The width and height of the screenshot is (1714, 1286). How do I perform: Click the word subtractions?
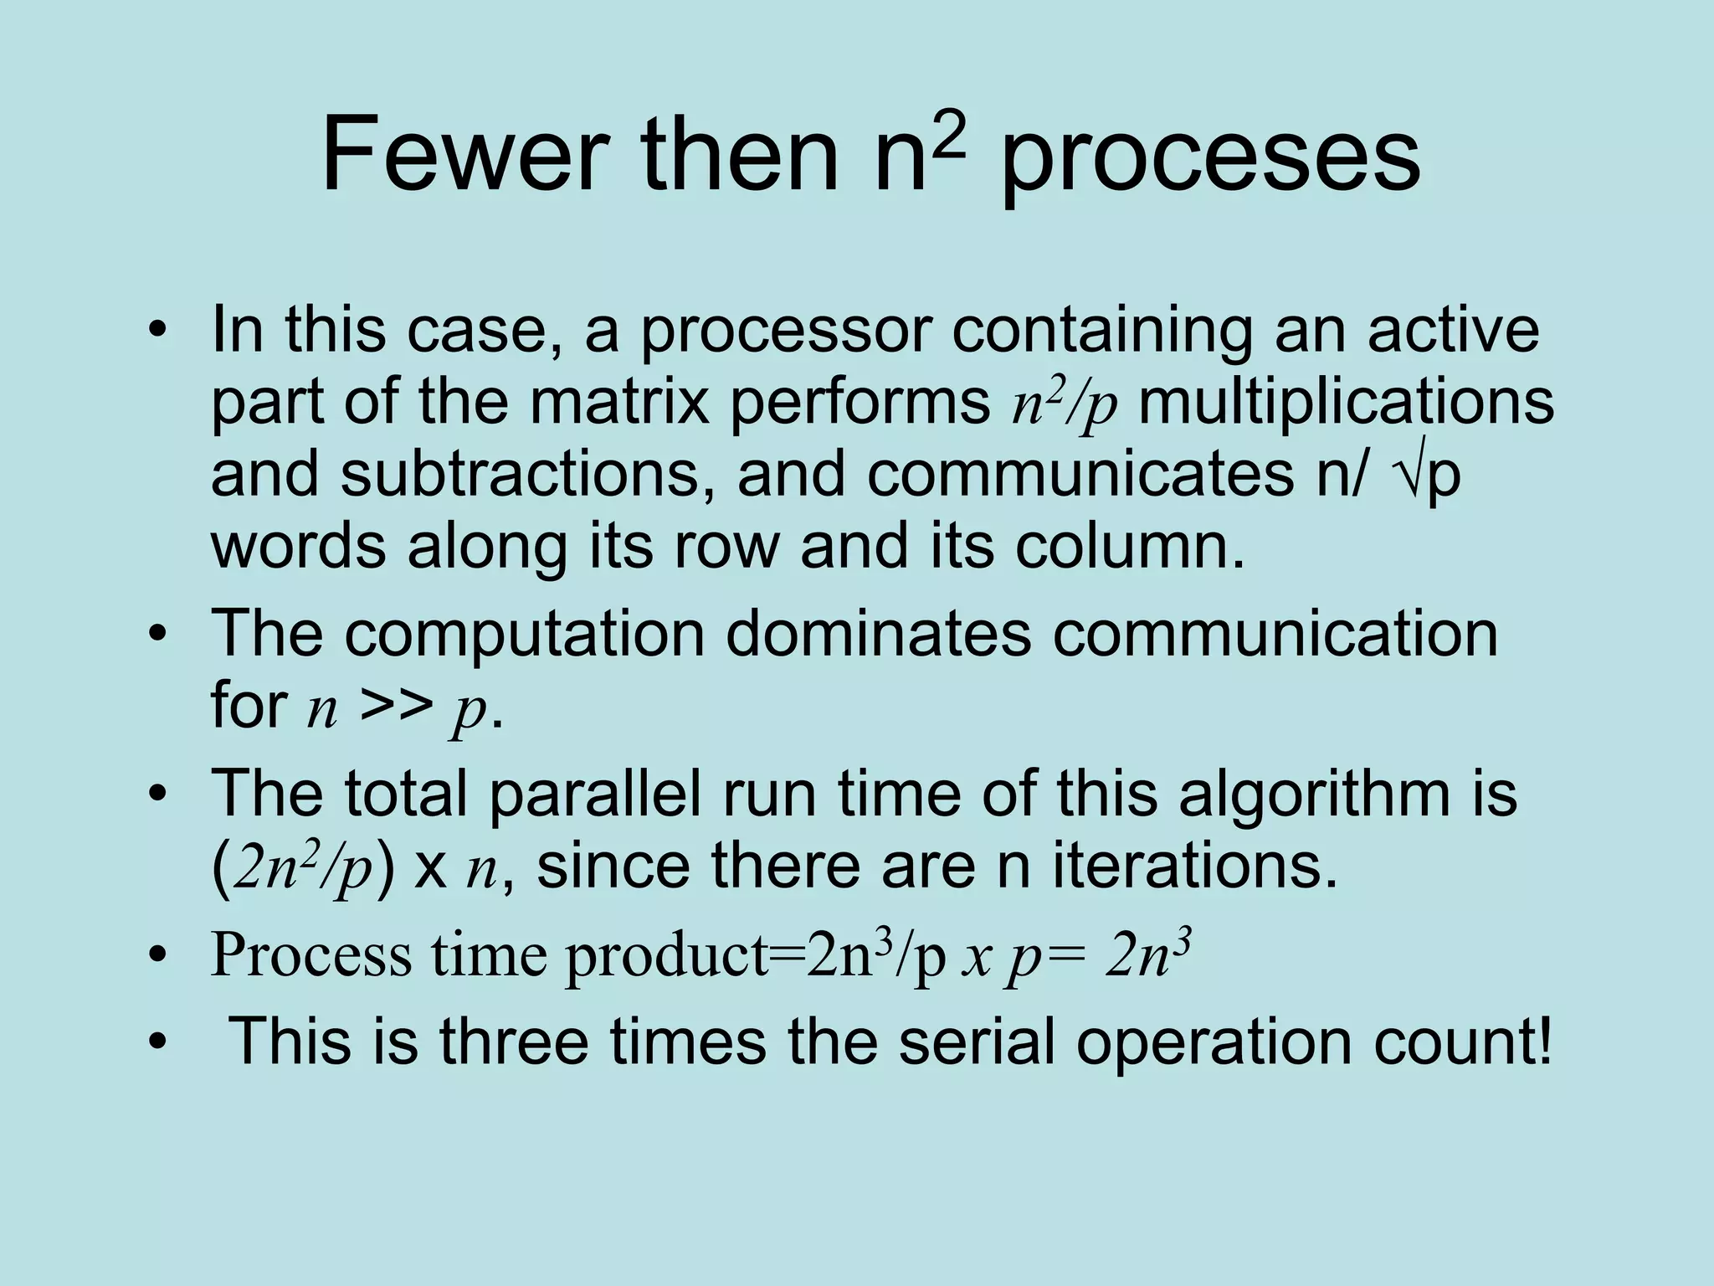click(519, 474)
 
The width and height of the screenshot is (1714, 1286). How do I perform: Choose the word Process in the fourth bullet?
click(310, 954)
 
